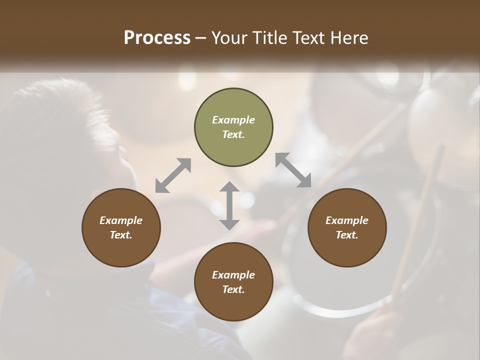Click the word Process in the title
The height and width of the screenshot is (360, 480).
pyautogui.click(x=157, y=38)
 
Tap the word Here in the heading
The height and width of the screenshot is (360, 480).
pyautogui.click(x=348, y=38)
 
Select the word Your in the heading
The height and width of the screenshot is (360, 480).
pyautogui.click(x=229, y=38)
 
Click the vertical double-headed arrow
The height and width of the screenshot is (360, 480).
pyautogui.click(x=229, y=205)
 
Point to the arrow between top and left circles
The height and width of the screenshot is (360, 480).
pyautogui.click(x=173, y=175)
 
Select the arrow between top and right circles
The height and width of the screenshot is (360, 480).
pyautogui.click(x=293, y=170)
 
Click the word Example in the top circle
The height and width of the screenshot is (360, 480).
pyautogui.click(x=233, y=120)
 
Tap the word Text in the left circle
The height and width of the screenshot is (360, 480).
pyautogui.click(x=121, y=235)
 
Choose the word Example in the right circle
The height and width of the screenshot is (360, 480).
pyautogui.click(x=347, y=220)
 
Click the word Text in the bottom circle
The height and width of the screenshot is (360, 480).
pyautogui.click(x=233, y=289)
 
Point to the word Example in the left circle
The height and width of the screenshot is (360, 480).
pyautogui.click(x=121, y=220)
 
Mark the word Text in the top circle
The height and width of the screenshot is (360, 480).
pyautogui.click(x=233, y=134)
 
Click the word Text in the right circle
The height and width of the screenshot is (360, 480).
pyautogui.click(x=347, y=235)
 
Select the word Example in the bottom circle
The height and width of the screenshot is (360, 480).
pyautogui.click(x=233, y=275)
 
